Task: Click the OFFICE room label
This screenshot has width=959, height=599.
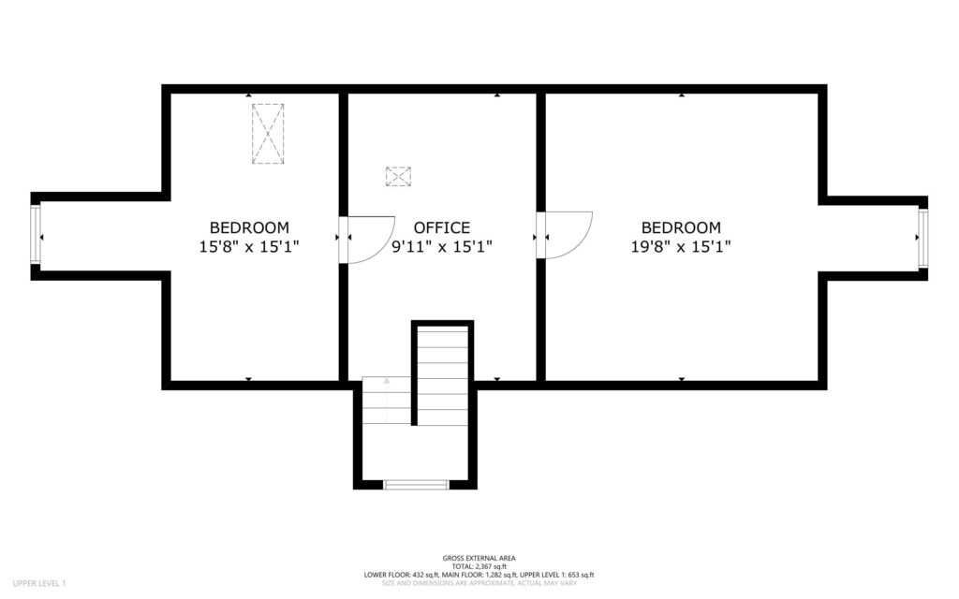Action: (x=441, y=227)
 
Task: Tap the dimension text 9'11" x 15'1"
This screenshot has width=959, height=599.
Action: (x=441, y=247)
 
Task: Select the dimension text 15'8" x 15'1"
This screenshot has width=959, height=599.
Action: (x=248, y=247)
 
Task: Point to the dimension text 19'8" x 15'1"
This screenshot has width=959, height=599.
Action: (x=681, y=247)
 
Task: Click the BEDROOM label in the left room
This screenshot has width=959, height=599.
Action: (x=248, y=227)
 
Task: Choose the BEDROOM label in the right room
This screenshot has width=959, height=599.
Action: (x=681, y=227)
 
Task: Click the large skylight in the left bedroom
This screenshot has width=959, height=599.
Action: (x=268, y=134)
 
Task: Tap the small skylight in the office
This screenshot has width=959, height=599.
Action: (x=398, y=176)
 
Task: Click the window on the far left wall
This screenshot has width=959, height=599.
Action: (x=37, y=234)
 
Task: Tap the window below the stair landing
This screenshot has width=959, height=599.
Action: (x=415, y=485)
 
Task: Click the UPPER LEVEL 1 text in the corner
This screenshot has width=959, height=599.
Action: (x=39, y=584)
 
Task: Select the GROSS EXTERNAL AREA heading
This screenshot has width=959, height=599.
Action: (x=479, y=558)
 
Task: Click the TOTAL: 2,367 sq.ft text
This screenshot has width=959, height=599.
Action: (x=479, y=566)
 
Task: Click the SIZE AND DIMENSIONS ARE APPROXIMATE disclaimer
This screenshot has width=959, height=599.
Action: (x=479, y=583)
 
